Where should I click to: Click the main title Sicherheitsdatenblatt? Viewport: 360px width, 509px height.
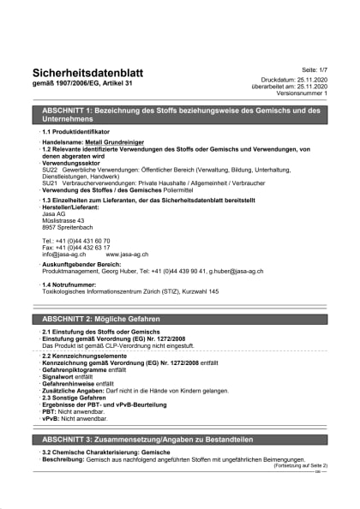[x=87, y=73]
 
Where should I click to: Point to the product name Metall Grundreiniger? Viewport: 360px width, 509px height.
[x=120, y=142]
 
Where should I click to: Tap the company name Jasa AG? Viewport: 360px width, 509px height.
[x=54, y=213]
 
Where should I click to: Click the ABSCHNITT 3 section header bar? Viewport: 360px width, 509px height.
[x=179, y=439]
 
